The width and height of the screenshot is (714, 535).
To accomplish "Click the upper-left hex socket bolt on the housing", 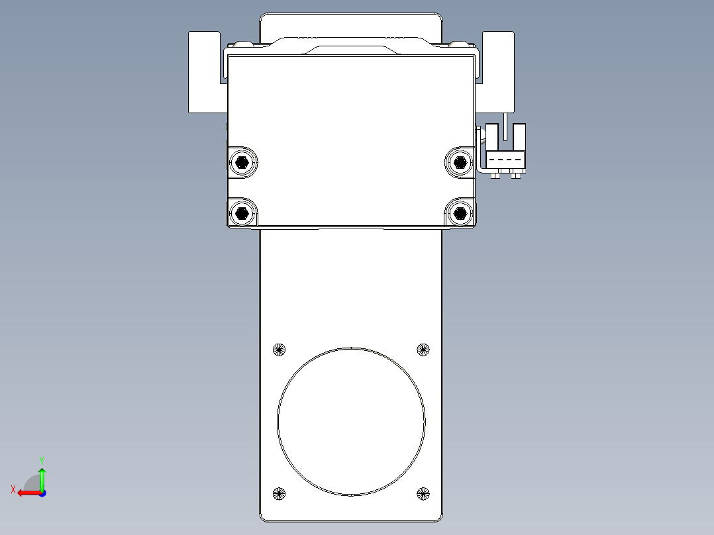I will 242,162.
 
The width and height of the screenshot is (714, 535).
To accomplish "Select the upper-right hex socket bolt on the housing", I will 458,161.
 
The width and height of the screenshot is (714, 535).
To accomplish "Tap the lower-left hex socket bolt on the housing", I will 242,213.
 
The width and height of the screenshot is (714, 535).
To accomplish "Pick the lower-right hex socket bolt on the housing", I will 458,213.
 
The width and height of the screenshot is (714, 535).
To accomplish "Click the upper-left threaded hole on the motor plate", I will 279,350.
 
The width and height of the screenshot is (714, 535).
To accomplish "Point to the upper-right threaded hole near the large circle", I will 423,350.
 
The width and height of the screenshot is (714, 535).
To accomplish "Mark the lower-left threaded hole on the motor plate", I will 279,493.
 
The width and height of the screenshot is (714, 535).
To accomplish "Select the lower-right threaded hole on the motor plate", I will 423,493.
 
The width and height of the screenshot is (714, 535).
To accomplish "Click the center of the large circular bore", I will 351,422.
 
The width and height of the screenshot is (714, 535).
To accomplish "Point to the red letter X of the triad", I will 13,489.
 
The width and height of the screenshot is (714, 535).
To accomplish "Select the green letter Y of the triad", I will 42,459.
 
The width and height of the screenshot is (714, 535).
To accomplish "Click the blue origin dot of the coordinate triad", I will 42,493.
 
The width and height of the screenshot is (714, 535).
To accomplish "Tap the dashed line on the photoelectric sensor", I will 506,160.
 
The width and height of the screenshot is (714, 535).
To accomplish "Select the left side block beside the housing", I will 204,72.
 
